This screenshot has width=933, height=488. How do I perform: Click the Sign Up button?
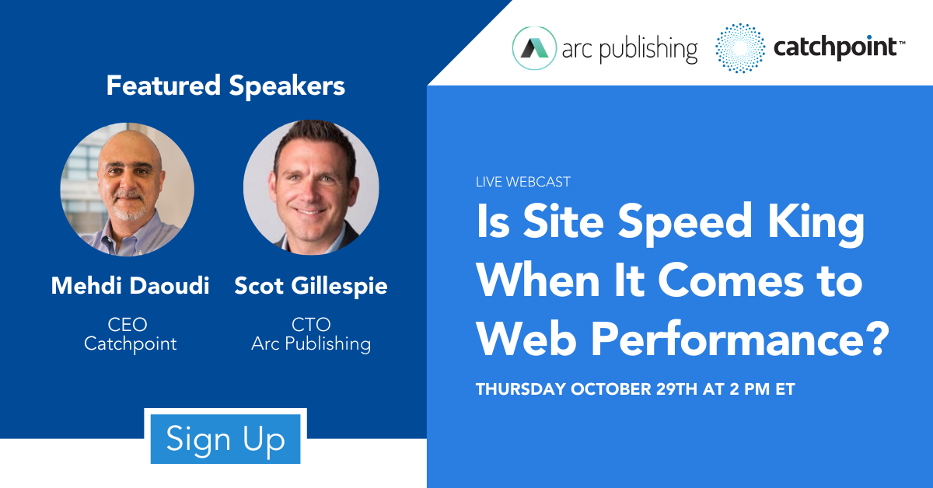point(225,438)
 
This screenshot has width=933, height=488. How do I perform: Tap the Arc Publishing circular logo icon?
point(534,48)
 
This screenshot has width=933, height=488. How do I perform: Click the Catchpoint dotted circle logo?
point(740,48)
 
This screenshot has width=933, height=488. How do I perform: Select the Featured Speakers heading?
point(225,85)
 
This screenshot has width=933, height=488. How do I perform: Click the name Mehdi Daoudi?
point(131,286)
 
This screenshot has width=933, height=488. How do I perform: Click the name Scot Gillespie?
point(311,287)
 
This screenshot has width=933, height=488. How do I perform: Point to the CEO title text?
point(128,324)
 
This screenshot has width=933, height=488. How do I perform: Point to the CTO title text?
point(311,324)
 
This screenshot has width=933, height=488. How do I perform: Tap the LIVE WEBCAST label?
point(523,182)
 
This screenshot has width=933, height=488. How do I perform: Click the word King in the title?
point(816,222)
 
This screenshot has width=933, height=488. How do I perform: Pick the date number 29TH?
point(676,389)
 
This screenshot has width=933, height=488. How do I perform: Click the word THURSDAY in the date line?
point(521,389)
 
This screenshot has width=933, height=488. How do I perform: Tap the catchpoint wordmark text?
point(835,48)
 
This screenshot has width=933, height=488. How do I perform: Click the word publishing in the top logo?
point(648,50)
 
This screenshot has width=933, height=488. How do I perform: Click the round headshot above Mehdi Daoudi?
point(127,189)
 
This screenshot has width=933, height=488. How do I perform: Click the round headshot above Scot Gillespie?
point(311,187)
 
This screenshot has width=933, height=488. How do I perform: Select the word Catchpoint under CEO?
point(131,344)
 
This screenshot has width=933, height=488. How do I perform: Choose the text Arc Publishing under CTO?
point(311,344)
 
